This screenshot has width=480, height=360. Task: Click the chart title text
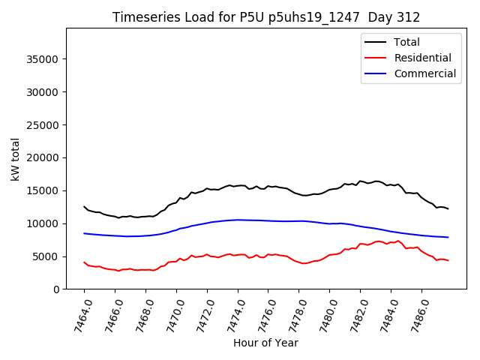(x=266, y=17)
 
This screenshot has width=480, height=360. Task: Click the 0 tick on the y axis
(x=56, y=289)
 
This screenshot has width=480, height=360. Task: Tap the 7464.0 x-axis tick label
(x=79, y=313)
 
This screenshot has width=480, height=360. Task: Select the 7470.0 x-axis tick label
(x=171, y=313)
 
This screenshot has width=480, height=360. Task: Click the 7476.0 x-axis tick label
(x=262, y=313)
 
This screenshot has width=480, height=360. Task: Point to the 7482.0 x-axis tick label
(x=355, y=313)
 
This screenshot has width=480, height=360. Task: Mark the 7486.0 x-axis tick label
(x=416, y=313)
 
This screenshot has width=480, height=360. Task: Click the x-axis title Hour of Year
(x=265, y=343)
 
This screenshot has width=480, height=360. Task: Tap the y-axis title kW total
(x=15, y=159)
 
